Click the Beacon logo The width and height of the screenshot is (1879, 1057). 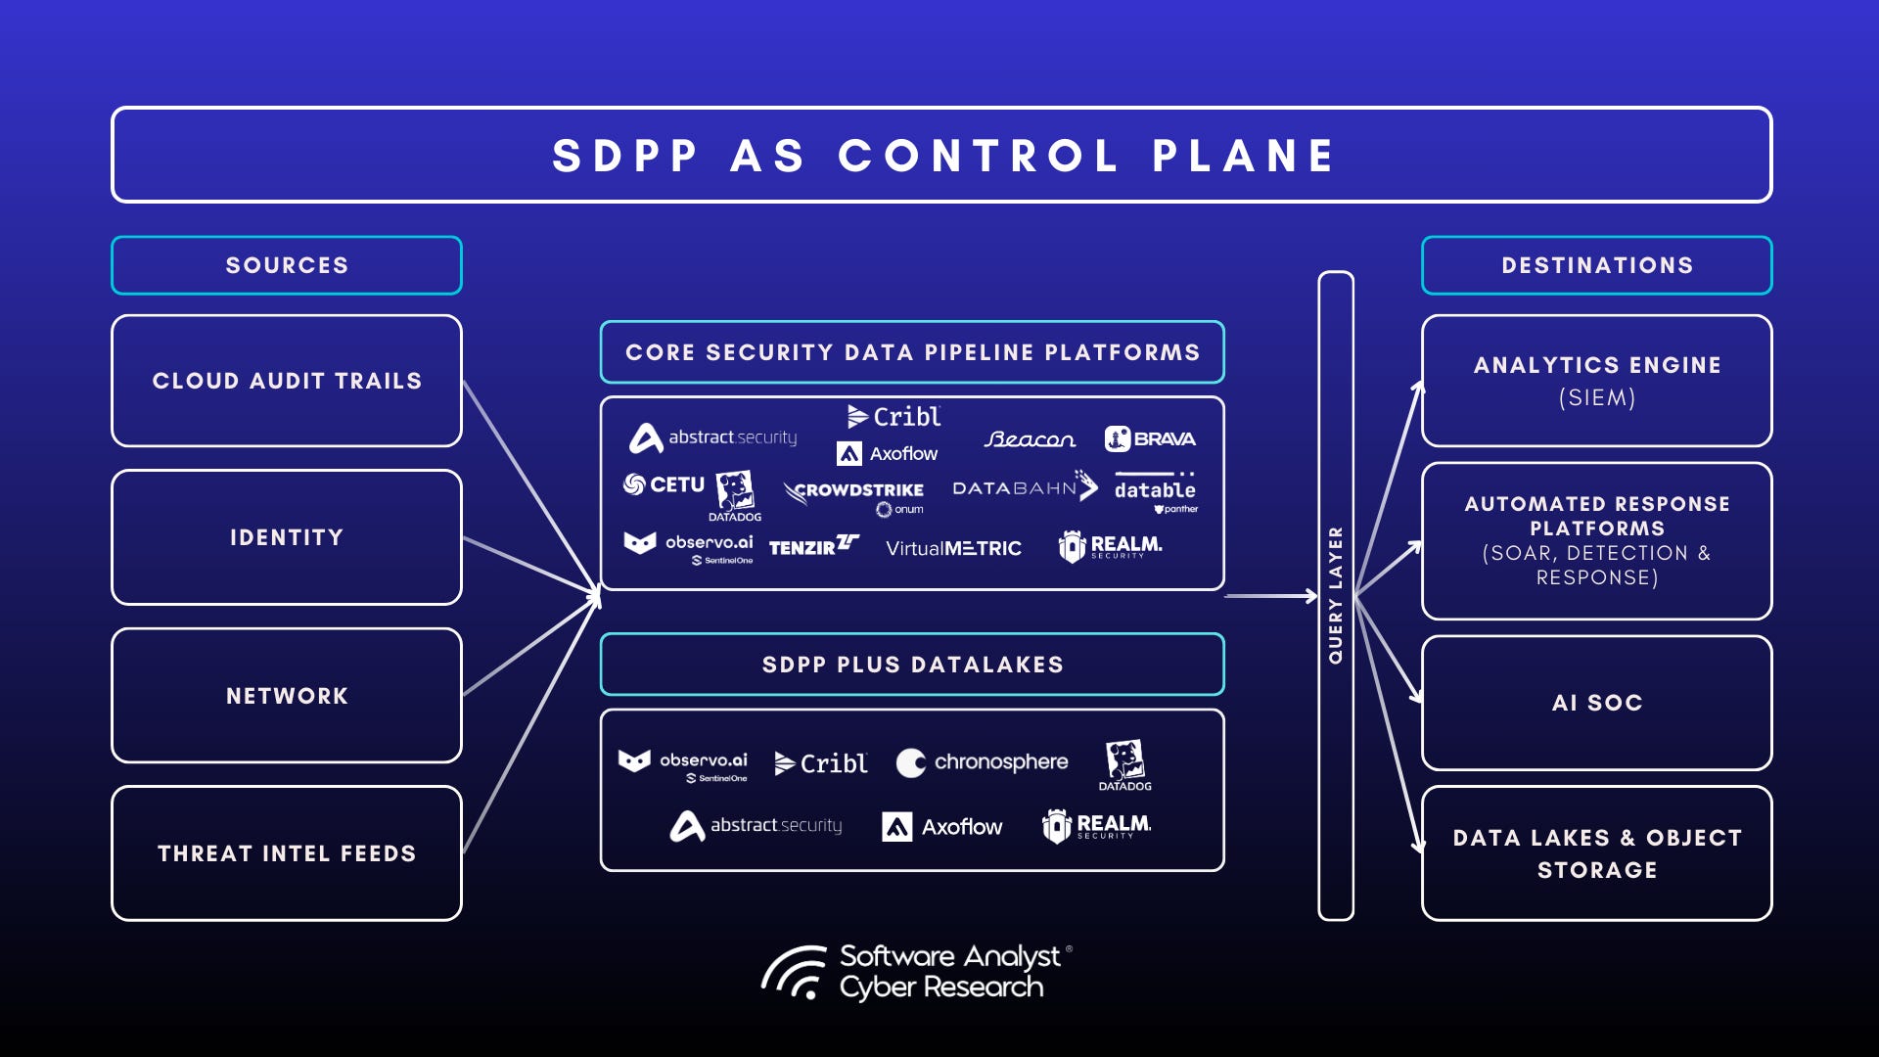click(x=1030, y=439)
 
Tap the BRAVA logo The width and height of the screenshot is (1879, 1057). click(x=1150, y=438)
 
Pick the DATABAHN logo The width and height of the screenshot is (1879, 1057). click(x=1024, y=486)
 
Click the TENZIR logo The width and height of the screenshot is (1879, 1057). click(x=813, y=546)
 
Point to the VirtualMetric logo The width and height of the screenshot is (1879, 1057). click(x=953, y=548)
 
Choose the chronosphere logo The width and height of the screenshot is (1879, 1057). click(x=983, y=762)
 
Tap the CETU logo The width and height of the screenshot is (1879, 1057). click(x=665, y=484)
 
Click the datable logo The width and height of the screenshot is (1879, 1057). click(x=1155, y=489)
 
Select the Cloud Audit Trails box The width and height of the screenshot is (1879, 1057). click(x=287, y=381)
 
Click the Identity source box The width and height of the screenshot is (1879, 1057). click(x=287, y=537)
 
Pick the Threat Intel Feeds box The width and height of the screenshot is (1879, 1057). click(x=287, y=853)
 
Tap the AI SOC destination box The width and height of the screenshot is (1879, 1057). click(x=1596, y=703)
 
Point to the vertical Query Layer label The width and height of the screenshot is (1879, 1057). click(x=1336, y=595)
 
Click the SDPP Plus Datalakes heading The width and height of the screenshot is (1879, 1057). click(x=912, y=665)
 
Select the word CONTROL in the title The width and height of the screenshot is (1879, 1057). click(x=979, y=156)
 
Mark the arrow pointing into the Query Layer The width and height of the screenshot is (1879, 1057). click(x=1272, y=595)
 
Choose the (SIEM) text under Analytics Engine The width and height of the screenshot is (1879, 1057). click(x=1596, y=397)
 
